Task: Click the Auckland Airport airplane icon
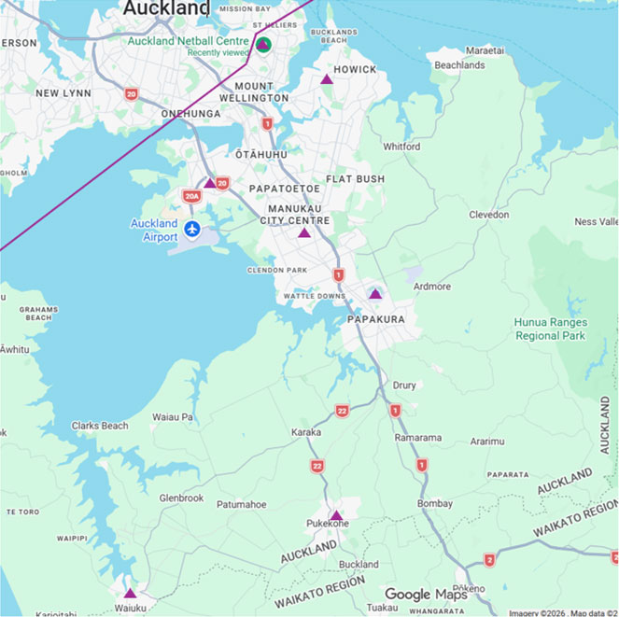click(x=192, y=229)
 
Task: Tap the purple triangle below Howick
click(x=327, y=79)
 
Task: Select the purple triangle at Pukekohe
click(x=336, y=515)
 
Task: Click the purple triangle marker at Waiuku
click(x=130, y=593)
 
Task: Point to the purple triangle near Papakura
click(x=374, y=294)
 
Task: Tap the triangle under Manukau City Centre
click(x=303, y=232)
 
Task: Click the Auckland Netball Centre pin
click(x=263, y=44)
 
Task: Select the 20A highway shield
click(x=191, y=196)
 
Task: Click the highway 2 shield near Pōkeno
click(x=489, y=559)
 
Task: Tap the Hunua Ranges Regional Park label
click(x=551, y=329)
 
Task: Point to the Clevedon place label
click(x=489, y=215)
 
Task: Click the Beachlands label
click(x=459, y=65)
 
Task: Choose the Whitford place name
click(x=401, y=147)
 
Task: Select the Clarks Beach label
click(x=100, y=426)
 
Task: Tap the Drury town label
click(x=404, y=385)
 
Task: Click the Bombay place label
click(x=435, y=504)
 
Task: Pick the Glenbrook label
click(x=181, y=498)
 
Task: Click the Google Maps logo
click(x=426, y=595)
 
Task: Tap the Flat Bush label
click(x=355, y=178)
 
